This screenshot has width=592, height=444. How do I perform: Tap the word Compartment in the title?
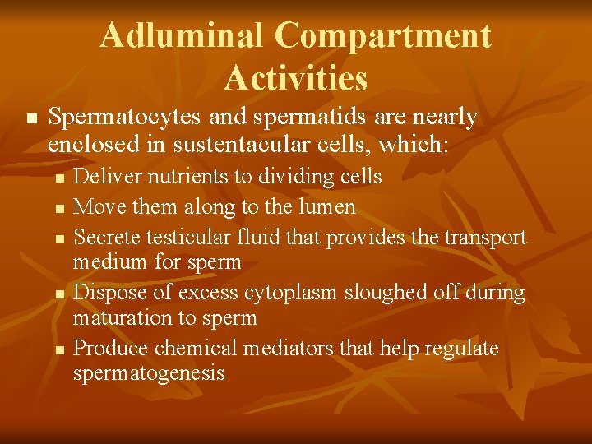point(383,35)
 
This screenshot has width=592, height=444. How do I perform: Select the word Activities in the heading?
point(295,78)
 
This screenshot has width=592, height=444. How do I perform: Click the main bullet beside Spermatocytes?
point(31,120)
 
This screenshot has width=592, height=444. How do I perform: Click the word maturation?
point(123,317)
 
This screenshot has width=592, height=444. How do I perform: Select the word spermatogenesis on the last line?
point(149,373)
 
